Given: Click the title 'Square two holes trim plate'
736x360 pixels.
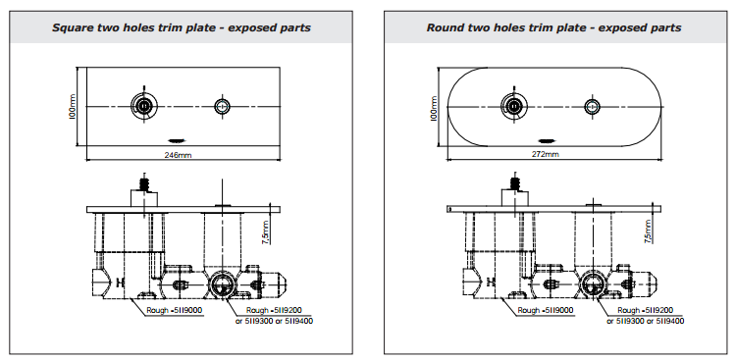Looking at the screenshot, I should click(183, 27).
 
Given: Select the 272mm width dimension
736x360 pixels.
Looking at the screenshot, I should click(546, 154).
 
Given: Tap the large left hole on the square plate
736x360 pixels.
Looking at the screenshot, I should click(145, 105).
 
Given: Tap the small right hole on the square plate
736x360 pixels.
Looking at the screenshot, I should click(223, 105).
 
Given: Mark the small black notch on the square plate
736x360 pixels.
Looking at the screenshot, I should click(177, 138).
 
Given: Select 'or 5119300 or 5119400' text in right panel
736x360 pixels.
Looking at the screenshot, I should click(645, 320).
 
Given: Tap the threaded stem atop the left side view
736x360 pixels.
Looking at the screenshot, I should click(145, 183).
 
